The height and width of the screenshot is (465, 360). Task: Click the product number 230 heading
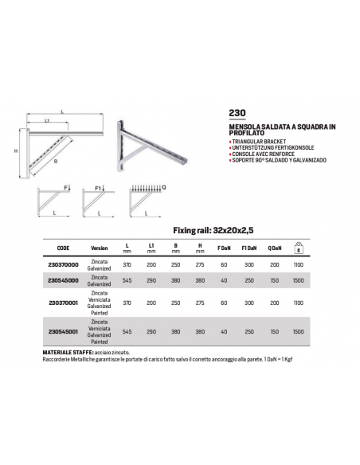tap(237, 113)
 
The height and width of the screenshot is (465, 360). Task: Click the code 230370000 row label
tap(63, 265)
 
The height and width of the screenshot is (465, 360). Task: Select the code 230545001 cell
tap(63, 331)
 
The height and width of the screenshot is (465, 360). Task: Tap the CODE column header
tap(63, 248)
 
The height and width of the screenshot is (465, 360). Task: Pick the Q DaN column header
tap(275, 248)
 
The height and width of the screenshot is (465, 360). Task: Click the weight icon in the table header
tap(299, 248)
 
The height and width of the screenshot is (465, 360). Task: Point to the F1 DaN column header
tap(249, 248)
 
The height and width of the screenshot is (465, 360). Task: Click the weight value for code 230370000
tap(299, 265)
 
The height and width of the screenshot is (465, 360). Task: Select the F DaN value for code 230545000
tap(224, 280)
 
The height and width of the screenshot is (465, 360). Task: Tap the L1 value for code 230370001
tap(151, 303)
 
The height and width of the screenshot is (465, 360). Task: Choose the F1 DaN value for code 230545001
tap(249, 331)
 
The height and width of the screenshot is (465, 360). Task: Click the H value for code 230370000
tap(200, 265)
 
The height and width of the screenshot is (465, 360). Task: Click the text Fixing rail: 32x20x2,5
tap(213, 230)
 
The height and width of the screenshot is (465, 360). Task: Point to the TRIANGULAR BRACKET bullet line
tap(258, 142)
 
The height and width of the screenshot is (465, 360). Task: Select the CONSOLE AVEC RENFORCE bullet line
tap(262, 154)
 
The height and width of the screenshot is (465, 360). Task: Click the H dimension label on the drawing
tap(16, 151)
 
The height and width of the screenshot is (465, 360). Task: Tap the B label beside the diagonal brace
tap(56, 162)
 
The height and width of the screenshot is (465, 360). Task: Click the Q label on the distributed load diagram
tap(164, 187)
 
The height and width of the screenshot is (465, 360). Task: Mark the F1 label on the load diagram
tap(98, 189)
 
